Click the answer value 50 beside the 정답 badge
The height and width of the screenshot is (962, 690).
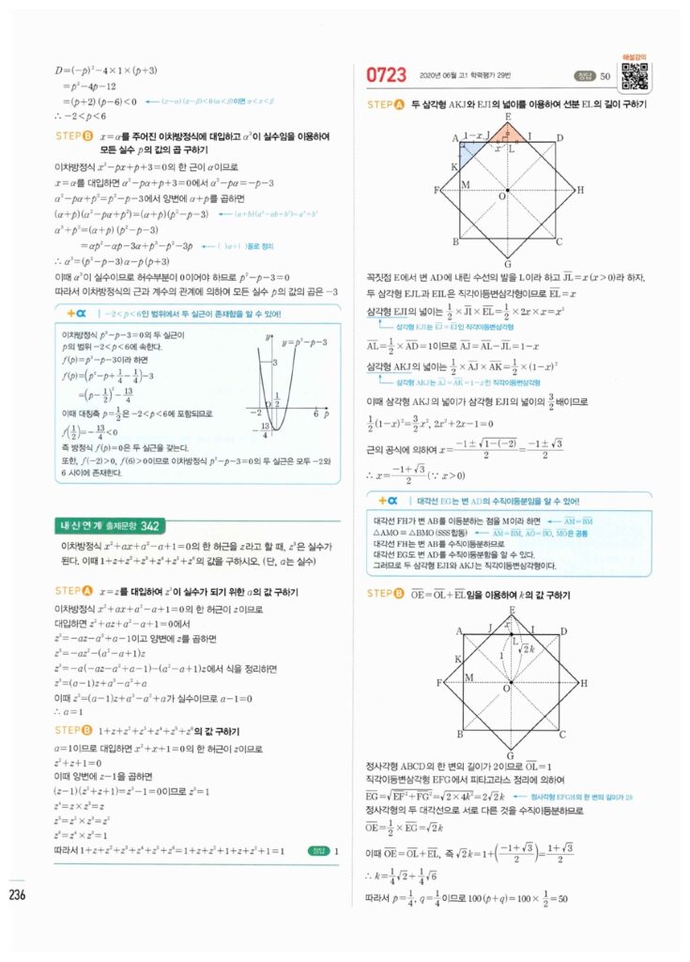[x=605, y=75]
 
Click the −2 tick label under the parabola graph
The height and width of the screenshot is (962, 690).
[x=253, y=413]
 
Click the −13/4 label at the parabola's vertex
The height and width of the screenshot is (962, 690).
[x=252, y=431]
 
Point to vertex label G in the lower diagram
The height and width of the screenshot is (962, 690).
[x=508, y=753]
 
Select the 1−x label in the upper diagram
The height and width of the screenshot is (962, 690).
[x=475, y=136]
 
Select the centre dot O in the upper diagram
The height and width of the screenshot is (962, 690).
[x=508, y=190]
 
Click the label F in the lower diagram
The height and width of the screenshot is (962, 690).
[x=439, y=681]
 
